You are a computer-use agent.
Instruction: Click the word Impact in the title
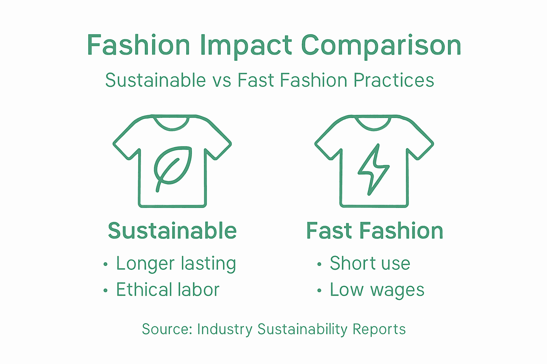[246, 46]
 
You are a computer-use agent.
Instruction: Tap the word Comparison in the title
[381, 46]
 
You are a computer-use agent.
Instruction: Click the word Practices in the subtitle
[394, 80]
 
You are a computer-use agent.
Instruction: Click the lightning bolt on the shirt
[373, 169]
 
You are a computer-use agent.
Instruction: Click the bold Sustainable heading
[172, 231]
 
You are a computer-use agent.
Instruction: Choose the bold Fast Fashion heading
[375, 231]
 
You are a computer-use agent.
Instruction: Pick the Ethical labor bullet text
[168, 290]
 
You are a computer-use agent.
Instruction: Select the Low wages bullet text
[377, 290]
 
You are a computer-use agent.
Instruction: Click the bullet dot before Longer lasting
[105, 264]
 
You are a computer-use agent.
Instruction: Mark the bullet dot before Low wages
[319, 291]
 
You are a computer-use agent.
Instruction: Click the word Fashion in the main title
[139, 46]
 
